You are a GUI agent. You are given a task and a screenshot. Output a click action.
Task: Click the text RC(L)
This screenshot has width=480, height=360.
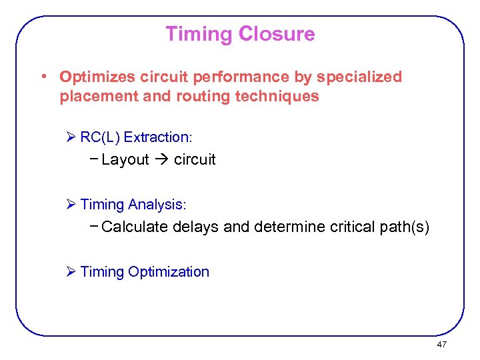(x=100, y=137)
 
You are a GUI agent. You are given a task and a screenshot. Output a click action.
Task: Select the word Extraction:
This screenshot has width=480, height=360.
(x=158, y=137)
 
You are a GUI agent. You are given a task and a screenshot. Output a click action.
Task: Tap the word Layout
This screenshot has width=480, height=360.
(x=125, y=160)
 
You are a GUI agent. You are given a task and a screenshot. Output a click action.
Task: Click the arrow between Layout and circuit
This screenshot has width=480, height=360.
(x=161, y=160)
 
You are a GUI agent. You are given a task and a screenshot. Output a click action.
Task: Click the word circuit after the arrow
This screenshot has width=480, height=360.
(x=195, y=160)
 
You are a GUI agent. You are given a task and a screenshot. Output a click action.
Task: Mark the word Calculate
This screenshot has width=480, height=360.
(x=135, y=227)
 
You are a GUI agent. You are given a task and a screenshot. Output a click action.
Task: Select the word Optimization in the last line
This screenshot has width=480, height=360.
(x=169, y=272)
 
